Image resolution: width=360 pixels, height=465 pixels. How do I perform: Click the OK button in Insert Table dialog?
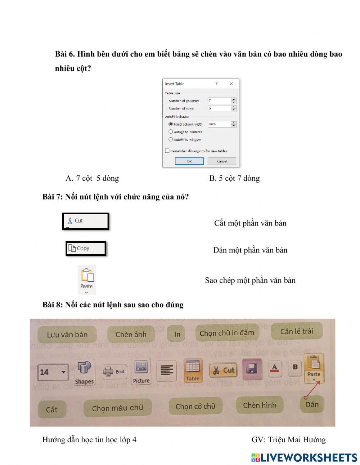[x=189, y=161]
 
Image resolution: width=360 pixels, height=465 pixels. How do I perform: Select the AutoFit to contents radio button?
[x=171, y=132]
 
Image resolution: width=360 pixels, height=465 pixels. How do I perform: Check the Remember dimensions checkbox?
[x=167, y=151]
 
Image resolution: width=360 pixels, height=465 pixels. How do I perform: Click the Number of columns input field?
[x=219, y=101]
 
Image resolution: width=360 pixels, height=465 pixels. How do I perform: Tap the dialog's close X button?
[x=231, y=84]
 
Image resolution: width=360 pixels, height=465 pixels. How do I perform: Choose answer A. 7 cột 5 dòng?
[x=92, y=178]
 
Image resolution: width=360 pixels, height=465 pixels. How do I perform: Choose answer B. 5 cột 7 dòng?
[x=234, y=178]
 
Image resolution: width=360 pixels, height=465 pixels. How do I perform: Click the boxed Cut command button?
[x=85, y=221]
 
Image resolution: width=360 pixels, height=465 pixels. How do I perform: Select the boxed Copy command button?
[x=86, y=249]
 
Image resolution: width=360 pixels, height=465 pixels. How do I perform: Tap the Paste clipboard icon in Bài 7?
[x=87, y=277]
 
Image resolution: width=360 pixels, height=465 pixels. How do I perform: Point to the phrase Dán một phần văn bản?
[x=250, y=250]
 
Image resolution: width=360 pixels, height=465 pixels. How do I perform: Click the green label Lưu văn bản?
[x=67, y=335]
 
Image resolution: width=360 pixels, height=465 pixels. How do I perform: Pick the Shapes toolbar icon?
[x=84, y=372]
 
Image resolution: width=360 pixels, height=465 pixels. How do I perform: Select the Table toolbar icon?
[x=193, y=370]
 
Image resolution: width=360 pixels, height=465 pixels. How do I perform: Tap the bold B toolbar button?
[x=295, y=367]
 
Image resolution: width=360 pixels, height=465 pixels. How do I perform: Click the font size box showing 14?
[x=53, y=372]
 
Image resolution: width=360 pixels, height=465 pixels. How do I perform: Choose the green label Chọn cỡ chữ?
[x=195, y=406]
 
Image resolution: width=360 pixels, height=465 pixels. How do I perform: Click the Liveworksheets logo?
[x=304, y=457]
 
